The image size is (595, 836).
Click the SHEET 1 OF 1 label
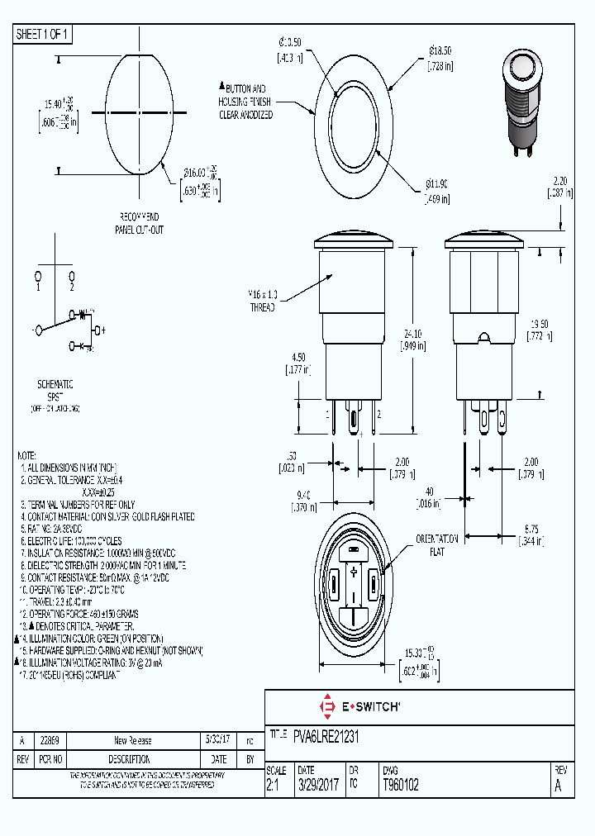(43, 35)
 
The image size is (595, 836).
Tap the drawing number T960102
(401, 785)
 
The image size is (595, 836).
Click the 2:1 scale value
(274, 785)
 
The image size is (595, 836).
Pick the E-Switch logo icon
(326, 707)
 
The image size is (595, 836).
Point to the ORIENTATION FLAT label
(431, 544)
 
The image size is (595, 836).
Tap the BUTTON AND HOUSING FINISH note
(245, 102)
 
